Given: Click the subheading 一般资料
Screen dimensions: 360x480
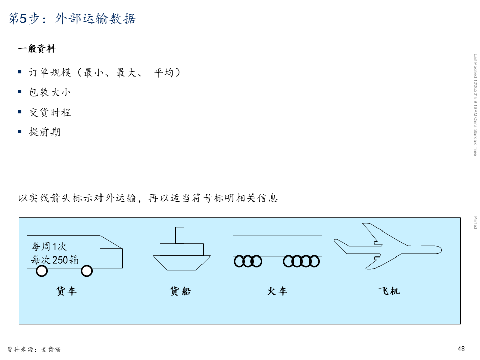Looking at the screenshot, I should click(x=36, y=49).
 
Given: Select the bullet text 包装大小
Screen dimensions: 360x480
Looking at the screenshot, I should click(x=50, y=92).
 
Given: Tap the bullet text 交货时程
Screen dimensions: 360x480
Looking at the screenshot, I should click(x=50, y=112).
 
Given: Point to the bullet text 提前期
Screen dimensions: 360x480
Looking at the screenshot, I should click(x=45, y=132).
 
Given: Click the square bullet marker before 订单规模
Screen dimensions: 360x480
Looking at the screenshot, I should click(x=20, y=72).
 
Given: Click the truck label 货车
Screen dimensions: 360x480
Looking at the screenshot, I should click(x=66, y=291).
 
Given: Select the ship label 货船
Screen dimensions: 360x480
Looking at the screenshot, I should click(x=180, y=291).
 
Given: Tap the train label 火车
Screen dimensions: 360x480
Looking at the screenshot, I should click(x=277, y=291).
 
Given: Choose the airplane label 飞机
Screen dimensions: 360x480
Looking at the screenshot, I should click(x=389, y=291).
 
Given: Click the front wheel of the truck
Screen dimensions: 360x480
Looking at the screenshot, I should click(x=87, y=271).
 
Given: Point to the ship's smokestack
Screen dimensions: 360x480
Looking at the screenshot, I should click(x=180, y=235).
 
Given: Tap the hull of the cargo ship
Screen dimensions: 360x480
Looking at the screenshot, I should click(x=182, y=262).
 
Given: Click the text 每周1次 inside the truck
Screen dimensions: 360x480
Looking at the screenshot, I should click(x=49, y=247).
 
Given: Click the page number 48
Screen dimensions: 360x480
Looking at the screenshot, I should click(x=461, y=349).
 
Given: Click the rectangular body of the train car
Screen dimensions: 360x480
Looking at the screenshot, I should click(x=277, y=245).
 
